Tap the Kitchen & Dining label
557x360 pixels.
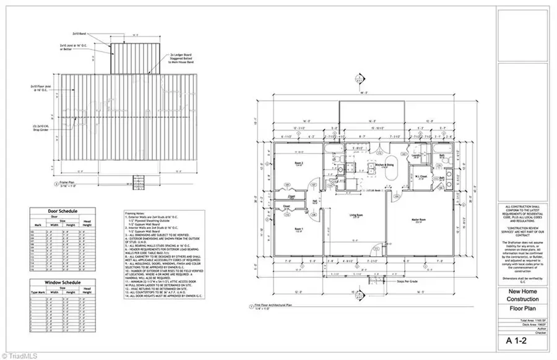386,165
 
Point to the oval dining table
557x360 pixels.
391,176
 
